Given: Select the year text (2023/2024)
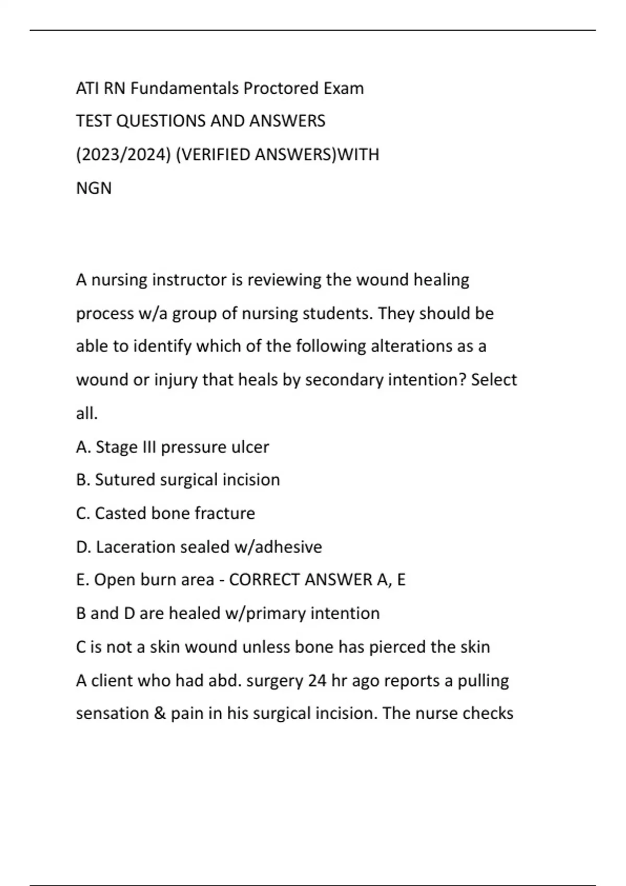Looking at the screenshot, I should click(124, 155).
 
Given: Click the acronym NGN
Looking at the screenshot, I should click(94, 188).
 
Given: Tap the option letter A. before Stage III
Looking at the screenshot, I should click(83, 447).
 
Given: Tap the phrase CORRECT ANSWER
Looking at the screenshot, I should click(300, 580).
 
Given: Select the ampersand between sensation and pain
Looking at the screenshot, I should click(160, 713).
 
